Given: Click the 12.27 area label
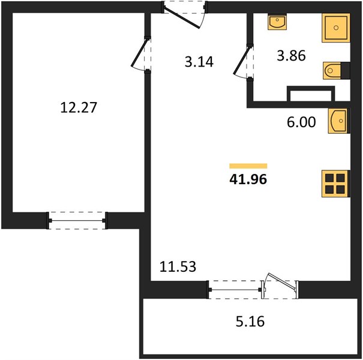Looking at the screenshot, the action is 78,107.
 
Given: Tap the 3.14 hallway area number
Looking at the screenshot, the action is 199,62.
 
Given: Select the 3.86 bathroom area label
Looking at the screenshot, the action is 291,56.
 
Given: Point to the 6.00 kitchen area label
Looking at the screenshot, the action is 301,122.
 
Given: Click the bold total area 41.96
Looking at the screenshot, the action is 248,179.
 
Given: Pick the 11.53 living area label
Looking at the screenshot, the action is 178,266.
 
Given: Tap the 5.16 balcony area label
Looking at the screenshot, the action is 250,322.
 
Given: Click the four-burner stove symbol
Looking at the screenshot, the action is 335,184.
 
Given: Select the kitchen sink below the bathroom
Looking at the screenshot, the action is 338,121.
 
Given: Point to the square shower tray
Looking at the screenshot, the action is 335,28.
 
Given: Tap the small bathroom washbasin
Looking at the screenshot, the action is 277,22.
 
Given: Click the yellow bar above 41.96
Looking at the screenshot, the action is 248,166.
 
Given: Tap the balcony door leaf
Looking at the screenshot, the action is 282,281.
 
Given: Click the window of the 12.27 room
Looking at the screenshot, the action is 77,221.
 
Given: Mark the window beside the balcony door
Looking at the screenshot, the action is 235,290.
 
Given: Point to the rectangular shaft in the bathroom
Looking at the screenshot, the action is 311,94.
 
